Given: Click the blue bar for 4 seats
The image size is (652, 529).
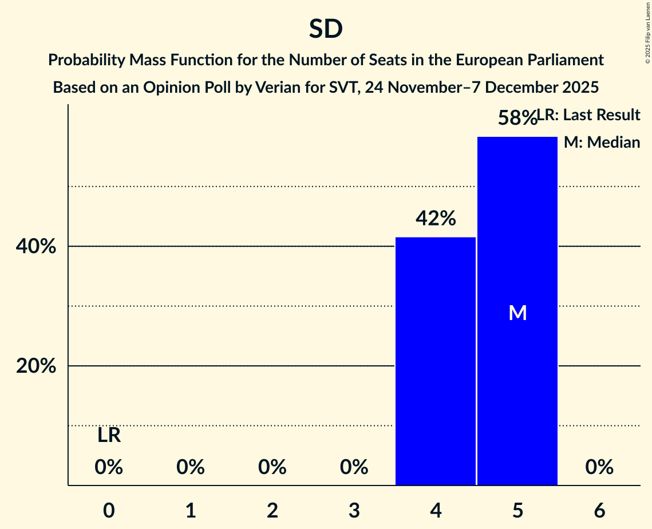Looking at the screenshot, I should pyautogui.click(x=436, y=361).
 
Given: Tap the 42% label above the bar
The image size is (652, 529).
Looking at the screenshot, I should pyautogui.click(x=436, y=218).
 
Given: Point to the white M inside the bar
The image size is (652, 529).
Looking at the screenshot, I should pyautogui.click(x=517, y=313).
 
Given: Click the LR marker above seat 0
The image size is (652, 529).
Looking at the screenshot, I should pyautogui.click(x=109, y=435).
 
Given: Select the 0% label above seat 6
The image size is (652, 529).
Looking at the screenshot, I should pyautogui.click(x=599, y=468).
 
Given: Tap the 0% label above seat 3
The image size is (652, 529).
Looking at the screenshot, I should pyautogui.click(x=354, y=468).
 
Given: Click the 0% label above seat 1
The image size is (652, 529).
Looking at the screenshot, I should pyautogui.click(x=191, y=468).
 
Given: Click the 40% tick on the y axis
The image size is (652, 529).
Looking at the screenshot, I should pyautogui.click(x=35, y=247).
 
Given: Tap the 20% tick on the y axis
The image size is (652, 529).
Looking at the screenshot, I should pyautogui.click(x=35, y=366).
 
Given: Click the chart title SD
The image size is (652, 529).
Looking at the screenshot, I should pyautogui.click(x=326, y=29).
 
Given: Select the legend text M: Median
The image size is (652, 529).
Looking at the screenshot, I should pyautogui.click(x=602, y=143).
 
